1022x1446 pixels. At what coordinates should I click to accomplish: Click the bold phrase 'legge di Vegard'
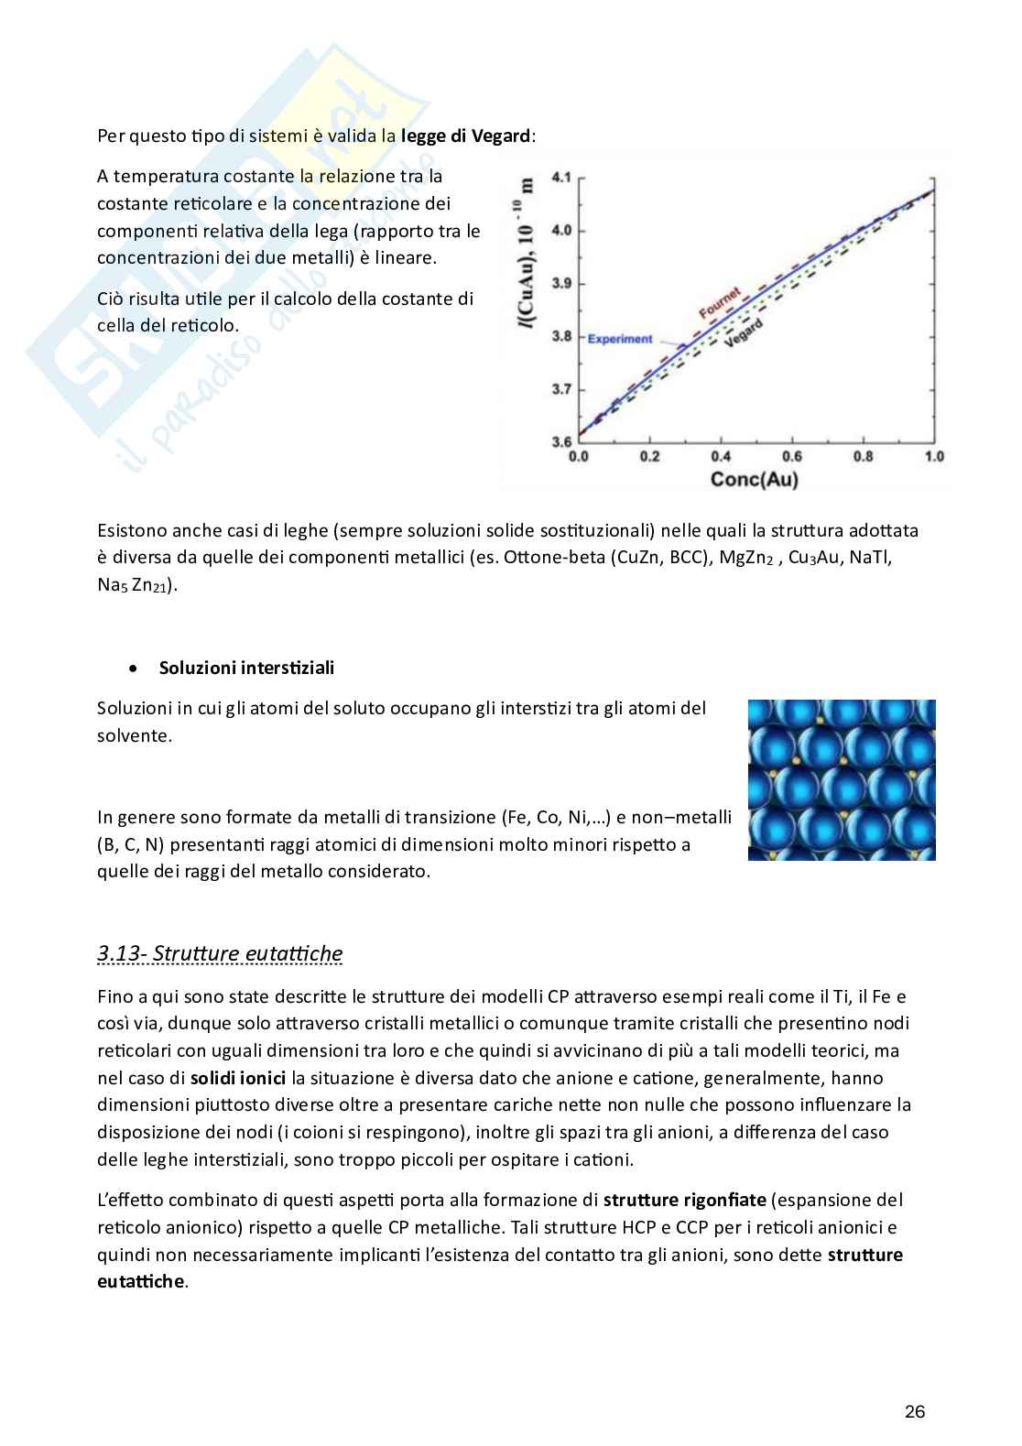coord(465,136)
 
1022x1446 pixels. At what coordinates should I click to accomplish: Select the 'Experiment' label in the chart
coord(619,339)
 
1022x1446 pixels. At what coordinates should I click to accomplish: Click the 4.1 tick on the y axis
coord(561,176)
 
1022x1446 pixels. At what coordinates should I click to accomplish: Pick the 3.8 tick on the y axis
coord(561,336)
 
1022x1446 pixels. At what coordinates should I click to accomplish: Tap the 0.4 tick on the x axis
coord(721,456)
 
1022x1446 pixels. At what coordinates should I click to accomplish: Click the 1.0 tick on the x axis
coord(933,456)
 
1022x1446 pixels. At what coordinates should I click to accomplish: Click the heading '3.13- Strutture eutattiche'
coord(220,953)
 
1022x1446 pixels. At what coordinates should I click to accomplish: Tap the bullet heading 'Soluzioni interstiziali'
coord(246,668)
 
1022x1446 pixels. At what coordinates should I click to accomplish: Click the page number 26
coord(914,1411)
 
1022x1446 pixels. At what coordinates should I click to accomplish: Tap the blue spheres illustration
coord(841,779)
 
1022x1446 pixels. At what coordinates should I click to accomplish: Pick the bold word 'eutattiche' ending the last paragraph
coord(140,1281)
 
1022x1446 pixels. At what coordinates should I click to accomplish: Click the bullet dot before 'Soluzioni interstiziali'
coord(135,669)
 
